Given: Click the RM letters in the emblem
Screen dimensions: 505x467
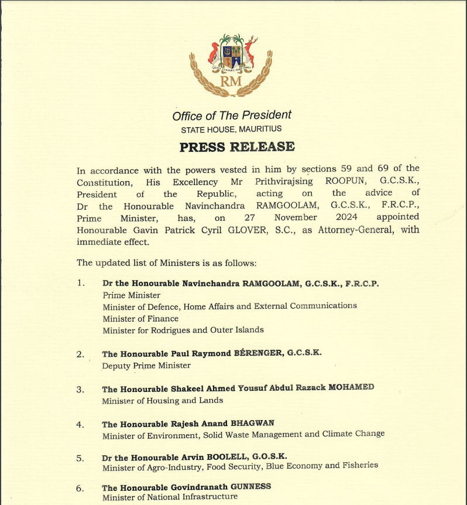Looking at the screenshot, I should point(231,81).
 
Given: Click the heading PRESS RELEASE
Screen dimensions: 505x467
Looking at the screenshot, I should point(237,147).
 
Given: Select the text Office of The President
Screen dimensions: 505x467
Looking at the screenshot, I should point(232,115).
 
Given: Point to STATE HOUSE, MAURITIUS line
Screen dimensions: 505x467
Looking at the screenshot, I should point(231,129).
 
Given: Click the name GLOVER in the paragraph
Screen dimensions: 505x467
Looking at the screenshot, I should point(242,230).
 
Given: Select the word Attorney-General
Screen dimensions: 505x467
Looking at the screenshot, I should point(350,230).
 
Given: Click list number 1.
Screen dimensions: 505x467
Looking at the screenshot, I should point(81,283).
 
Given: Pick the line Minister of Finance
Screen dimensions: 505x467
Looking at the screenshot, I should point(140,318).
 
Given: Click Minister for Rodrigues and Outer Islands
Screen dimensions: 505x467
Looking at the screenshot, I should point(183,330).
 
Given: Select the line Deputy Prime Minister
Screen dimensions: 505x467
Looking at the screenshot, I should point(146,365).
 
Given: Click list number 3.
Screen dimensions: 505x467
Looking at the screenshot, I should point(81,389).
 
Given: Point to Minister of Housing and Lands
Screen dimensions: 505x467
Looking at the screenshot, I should point(162,401).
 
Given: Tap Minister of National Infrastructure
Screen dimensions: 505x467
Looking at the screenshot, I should point(170,497).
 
